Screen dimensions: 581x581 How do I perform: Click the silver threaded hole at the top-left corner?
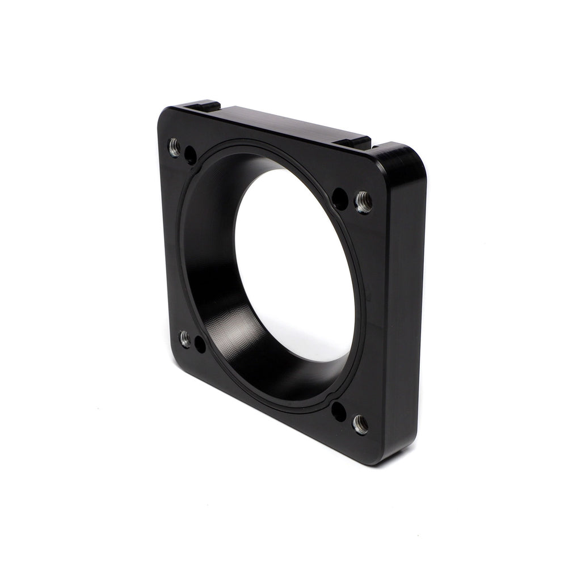(x=175, y=148)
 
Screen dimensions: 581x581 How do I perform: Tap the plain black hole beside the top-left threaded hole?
(x=191, y=155)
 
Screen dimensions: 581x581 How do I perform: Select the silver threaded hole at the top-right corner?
(x=363, y=202)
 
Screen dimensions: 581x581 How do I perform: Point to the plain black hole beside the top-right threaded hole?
(x=340, y=199)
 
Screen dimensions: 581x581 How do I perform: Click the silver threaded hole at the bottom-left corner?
(x=185, y=339)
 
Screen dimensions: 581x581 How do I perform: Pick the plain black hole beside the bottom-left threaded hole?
(x=200, y=344)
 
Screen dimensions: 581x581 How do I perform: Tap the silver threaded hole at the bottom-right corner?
(x=360, y=424)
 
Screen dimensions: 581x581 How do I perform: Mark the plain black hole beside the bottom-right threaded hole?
(x=339, y=411)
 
